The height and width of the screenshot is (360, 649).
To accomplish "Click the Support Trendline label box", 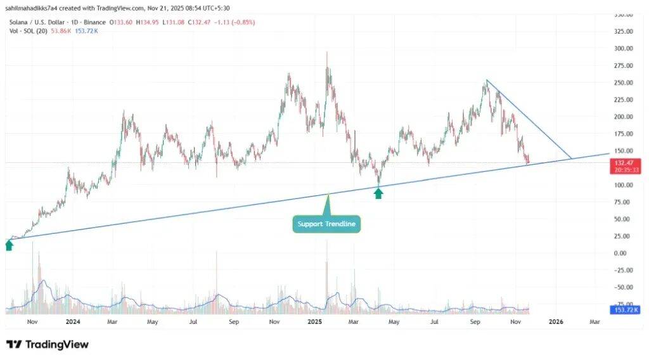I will point(326,224).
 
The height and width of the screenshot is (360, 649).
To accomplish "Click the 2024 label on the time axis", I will point(72,322).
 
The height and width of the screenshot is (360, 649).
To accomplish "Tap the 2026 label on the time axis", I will point(555,322).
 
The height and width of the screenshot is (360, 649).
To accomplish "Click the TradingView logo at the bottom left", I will point(48,345).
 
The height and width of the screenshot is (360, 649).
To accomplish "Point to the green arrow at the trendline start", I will point(9,245).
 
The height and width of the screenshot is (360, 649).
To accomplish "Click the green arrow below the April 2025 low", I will point(378,193).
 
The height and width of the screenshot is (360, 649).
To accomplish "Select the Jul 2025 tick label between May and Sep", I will point(434,322).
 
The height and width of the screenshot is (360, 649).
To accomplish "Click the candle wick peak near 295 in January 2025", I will point(327,53).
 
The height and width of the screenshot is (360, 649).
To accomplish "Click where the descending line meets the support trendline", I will point(572,158).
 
